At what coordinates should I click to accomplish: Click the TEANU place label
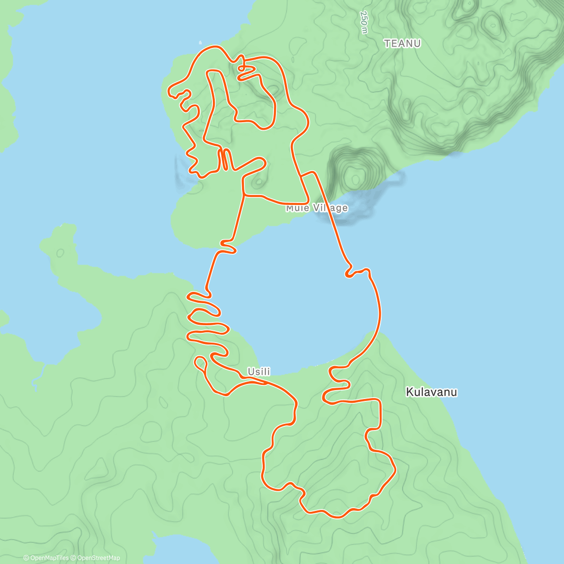pyautogui.click(x=402, y=44)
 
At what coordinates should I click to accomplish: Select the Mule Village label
pyautogui.click(x=317, y=208)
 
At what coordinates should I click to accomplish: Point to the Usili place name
pyautogui.click(x=259, y=372)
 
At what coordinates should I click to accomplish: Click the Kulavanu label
pyautogui.click(x=431, y=392)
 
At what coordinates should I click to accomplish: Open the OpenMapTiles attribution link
pyautogui.click(x=46, y=558)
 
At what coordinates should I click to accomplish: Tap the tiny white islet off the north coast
pyautogui.click(x=201, y=41)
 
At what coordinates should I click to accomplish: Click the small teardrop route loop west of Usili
pyautogui.click(x=201, y=362)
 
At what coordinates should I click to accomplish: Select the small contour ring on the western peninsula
pyautogui.click(x=60, y=252)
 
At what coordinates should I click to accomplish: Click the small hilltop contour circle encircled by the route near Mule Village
pyautogui.click(x=258, y=181)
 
